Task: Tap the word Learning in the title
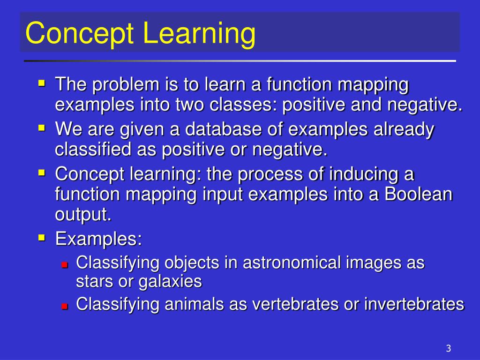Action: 200,33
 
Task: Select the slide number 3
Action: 448,348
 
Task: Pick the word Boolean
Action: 419,194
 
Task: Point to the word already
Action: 404,130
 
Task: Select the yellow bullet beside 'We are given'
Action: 42,128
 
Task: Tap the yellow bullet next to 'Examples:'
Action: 42,238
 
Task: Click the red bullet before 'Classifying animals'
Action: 65,306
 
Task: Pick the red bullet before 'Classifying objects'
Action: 65,264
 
